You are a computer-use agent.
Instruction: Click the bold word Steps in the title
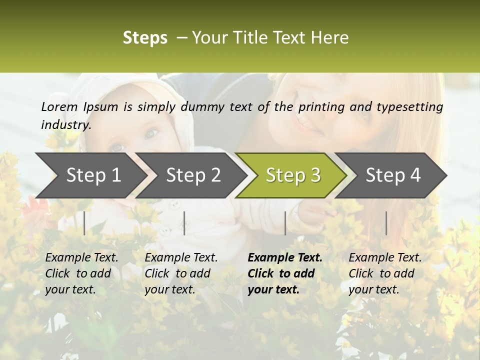[x=145, y=38]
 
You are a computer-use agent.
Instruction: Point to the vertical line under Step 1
[x=84, y=223]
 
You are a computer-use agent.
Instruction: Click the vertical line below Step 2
[x=184, y=223]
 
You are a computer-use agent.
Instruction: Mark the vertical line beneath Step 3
[x=285, y=223]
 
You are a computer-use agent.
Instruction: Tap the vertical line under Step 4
[x=386, y=223]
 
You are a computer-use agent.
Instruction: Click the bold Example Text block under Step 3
[x=285, y=273]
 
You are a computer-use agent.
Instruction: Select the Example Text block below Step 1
[x=81, y=273]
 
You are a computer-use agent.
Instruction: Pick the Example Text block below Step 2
[x=181, y=273]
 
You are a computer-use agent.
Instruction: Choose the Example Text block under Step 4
[x=385, y=273]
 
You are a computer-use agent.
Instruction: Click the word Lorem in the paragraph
[x=59, y=106]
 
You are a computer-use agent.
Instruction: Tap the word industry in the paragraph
[x=65, y=125]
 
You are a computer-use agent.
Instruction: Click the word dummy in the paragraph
[x=202, y=107]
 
